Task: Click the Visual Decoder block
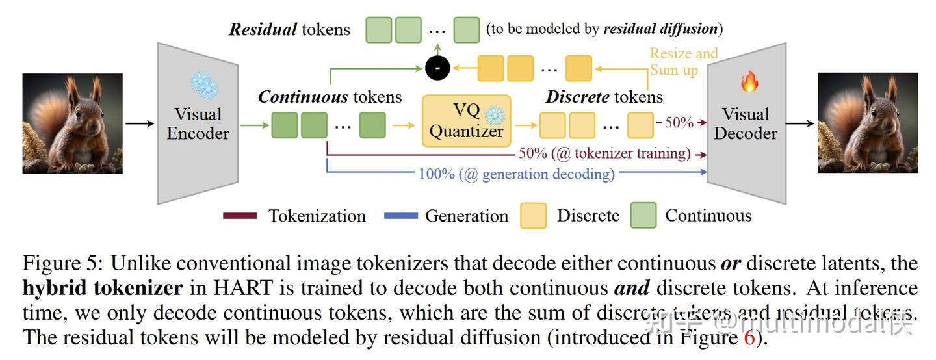(x=746, y=123)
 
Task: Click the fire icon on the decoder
(x=749, y=82)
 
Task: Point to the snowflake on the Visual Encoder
(x=203, y=85)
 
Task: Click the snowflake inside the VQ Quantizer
(x=495, y=114)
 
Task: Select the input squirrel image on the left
(x=72, y=123)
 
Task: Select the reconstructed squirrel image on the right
(x=867, y=123)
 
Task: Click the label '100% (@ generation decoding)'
(x=516, y=174)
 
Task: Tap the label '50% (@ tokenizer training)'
(x=604, y=153)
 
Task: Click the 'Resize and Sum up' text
(x=683, y=62)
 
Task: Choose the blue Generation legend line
(x=400, y=216)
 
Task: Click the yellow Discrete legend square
(x=533, y=216)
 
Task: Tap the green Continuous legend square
(x=643, y=216)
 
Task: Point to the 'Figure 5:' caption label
(x=62, y=263)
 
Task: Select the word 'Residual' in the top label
(x=263, y=29)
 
